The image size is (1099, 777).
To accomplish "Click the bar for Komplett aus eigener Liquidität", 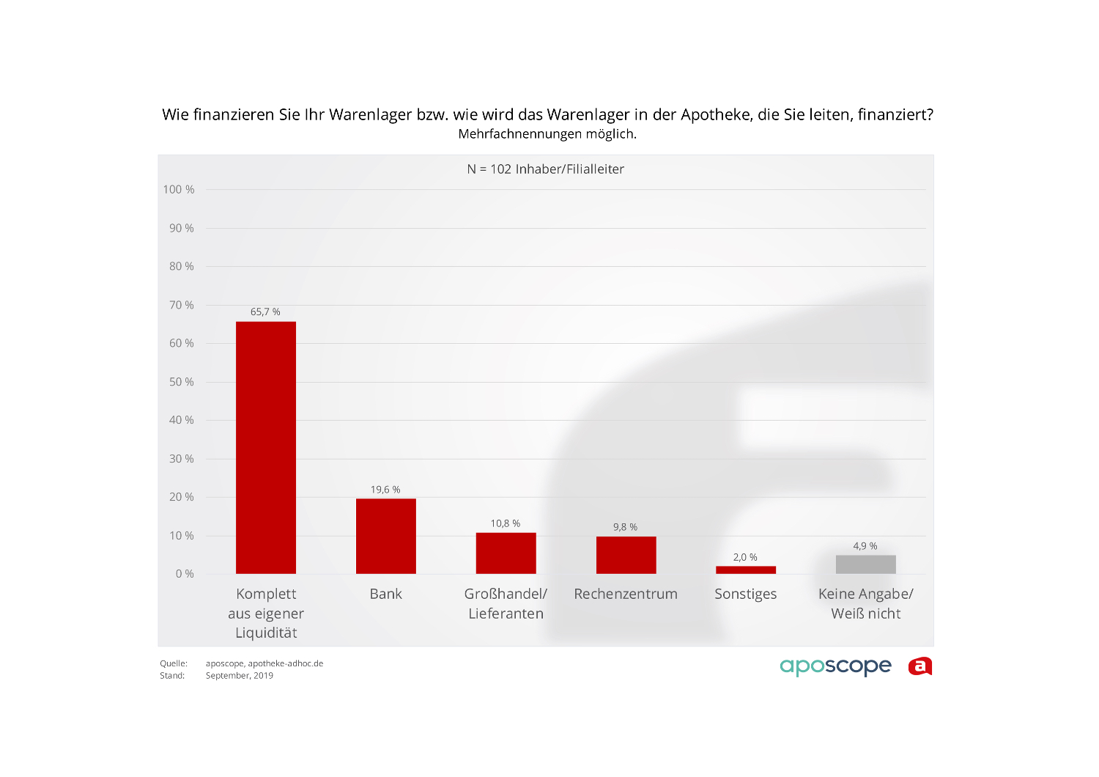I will (266, 447).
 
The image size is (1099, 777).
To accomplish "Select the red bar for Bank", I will (386, 536).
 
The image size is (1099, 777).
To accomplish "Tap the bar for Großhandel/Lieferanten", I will (506, 553).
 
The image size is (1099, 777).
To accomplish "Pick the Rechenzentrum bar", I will (626, 555).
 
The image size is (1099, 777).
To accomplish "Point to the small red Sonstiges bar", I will (746, 570).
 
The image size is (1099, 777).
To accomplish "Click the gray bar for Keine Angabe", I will (865, 564).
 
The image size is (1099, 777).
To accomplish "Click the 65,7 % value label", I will (265, 312).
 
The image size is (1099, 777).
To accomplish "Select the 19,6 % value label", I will (385, 490).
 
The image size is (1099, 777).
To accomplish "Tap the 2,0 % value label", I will (745, 557).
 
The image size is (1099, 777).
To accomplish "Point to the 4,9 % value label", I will (865, 546).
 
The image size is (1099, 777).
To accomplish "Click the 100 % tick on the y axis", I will (179, 190).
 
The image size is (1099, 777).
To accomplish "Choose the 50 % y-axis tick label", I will (182, 382).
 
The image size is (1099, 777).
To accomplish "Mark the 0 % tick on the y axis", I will (185, 574).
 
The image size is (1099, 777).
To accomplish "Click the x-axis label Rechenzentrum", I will (626, 594).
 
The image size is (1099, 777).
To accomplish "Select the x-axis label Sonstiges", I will (746, 594).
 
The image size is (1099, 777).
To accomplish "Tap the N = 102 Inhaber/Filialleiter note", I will (546, 169).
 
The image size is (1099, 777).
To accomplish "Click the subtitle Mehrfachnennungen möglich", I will (547, 134).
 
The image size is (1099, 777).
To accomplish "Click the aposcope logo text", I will (835, 666).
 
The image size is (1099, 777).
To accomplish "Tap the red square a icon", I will (920, 666).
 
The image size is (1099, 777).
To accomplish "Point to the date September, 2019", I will (240, 676).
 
